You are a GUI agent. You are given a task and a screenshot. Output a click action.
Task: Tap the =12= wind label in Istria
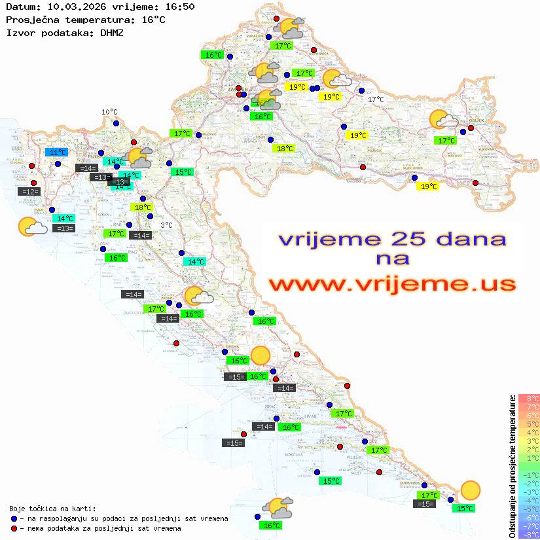click(x=30, y=191)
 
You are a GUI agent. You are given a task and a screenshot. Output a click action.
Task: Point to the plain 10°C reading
click(x=109, y=112)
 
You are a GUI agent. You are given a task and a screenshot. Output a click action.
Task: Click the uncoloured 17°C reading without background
click(x=376, y=99)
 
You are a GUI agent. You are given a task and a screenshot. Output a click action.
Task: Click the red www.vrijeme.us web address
click(x=391, y=284)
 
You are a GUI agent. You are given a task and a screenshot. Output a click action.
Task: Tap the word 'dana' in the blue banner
click(x=464, y=239)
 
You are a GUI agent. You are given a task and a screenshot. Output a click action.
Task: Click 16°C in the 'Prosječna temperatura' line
click(x=154, y=19)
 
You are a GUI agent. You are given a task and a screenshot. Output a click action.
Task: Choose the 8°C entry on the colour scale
click(x=528, y=398)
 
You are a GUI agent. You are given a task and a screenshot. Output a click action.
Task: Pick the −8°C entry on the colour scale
click(x=528, y=534)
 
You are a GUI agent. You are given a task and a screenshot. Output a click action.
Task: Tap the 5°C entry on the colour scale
click(x=528, y=423)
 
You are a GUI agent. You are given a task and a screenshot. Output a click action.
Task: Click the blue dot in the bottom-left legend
click(x=14, y=518)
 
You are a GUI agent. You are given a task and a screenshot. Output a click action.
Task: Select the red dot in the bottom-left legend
click(x=14, y=528)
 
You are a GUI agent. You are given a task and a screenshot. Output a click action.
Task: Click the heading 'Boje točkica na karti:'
click(x=52, y=509)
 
